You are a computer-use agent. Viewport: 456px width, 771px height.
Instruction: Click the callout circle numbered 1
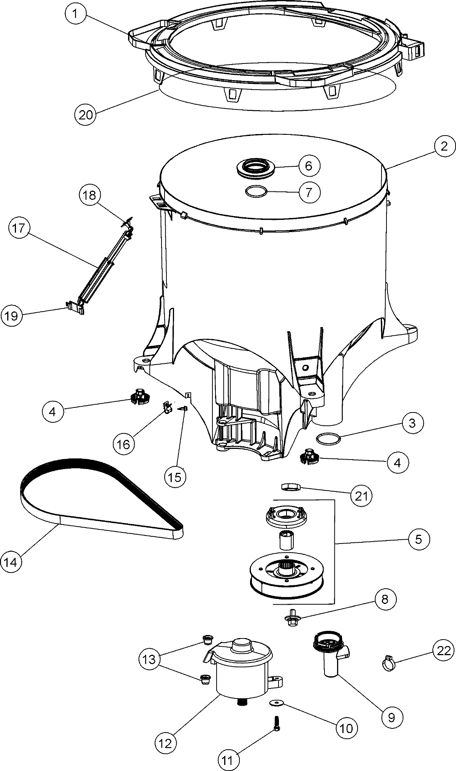coord(75,14)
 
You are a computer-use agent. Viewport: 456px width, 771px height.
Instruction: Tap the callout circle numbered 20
coord(85,114)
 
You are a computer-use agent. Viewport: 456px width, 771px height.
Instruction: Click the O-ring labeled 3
coord(328,439)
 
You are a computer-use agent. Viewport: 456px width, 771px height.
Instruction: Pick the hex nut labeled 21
coord(291,487)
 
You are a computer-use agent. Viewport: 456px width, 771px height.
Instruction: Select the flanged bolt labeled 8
coord(291,621)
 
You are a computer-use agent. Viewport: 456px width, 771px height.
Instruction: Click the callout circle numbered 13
coord(150,659)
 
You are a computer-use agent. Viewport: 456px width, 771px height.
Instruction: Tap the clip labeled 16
coord(166,408)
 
